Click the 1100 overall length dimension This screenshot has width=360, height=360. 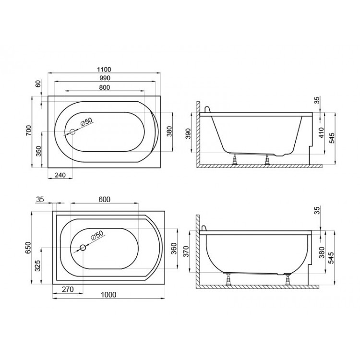(x=104, y=69)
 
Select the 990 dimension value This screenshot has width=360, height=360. (x=105, y=78)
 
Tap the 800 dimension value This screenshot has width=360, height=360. (x=105, y=87)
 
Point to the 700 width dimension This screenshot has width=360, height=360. (x=28, y=131)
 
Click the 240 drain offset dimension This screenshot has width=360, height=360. (x=60, y=175)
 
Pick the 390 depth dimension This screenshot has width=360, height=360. (x=188, y=133)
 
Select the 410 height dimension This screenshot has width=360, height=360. (x=321, y=132)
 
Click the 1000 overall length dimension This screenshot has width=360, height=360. (x=108, y=295)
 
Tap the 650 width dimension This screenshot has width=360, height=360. (x=27, y=248)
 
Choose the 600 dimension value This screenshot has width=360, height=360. (x=105, y=200)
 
